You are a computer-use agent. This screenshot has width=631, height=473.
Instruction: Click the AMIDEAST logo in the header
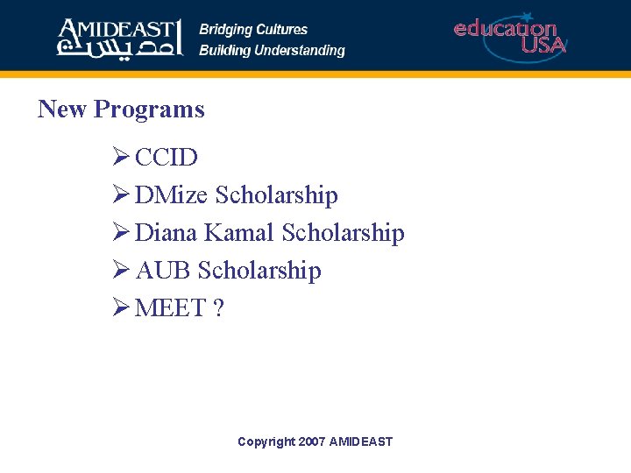[119, 36]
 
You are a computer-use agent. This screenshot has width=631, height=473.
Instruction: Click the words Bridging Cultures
[253, 29]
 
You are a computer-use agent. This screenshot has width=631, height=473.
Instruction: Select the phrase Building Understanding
[272, 50]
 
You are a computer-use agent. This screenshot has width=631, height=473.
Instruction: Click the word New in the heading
[62, 109]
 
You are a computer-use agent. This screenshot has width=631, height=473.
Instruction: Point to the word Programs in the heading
[149, 110]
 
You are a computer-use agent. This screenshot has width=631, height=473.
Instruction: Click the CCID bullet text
[167, 158]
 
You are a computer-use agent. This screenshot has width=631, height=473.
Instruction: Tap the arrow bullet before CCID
[121, 158]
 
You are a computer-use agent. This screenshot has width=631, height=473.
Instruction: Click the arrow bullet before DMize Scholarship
[121, 195]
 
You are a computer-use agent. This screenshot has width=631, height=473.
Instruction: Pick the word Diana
[167, 233]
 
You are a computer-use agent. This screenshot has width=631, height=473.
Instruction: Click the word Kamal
[239, 233]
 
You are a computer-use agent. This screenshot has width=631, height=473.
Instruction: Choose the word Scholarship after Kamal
[343, 234]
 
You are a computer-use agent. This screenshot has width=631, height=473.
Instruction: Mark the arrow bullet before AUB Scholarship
[121, 271]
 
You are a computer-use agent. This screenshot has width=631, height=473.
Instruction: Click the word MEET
[170, 308]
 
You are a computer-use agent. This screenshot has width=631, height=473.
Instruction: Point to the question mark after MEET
[218, 308]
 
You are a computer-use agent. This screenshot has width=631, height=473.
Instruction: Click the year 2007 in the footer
[311, 441]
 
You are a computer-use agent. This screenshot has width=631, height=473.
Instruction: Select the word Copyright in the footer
[266, 441]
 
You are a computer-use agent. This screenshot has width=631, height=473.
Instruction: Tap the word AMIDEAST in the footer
[361, 441]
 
